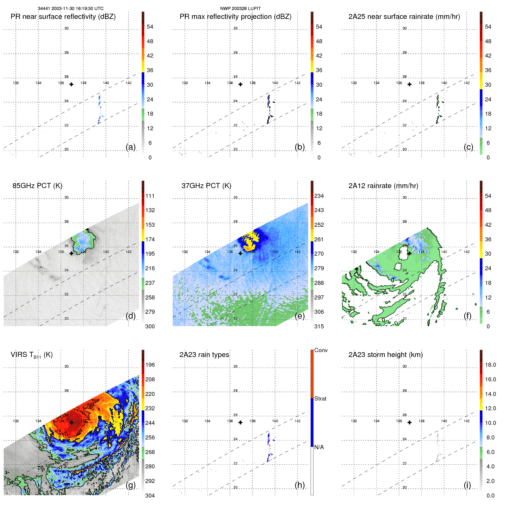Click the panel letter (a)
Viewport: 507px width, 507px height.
click(131, 147)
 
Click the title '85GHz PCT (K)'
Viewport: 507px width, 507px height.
click(37, 186)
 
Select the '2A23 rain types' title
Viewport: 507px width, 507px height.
click(204, 355)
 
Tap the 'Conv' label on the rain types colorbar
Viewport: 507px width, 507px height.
click(321, 350)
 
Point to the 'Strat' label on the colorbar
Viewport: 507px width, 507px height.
click(320, 399)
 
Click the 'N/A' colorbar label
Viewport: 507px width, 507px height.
click(319, 447)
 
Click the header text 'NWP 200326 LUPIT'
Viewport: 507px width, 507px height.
click(240, 9)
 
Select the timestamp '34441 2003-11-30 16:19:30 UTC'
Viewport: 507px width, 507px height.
click(71, 9)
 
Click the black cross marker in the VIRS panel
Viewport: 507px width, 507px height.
click(71, 422)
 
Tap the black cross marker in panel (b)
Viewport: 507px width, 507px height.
click(240, 84)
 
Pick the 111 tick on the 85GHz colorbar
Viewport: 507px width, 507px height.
click(150, 196)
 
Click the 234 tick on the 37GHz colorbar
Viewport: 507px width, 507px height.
click(319, 196)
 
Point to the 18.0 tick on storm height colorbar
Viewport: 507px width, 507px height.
click(490, 365)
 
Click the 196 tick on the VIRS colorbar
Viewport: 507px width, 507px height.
click(150, 365)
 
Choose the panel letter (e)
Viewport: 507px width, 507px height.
click(300, 316)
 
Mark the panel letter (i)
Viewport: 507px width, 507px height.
click(467, 485)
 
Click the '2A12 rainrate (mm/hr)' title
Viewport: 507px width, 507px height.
click(383, 186)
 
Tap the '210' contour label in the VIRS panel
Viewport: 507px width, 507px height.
click(63, 435)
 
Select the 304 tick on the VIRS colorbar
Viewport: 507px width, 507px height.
click(150, 496)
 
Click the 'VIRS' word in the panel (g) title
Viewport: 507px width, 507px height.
click(19, 355)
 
